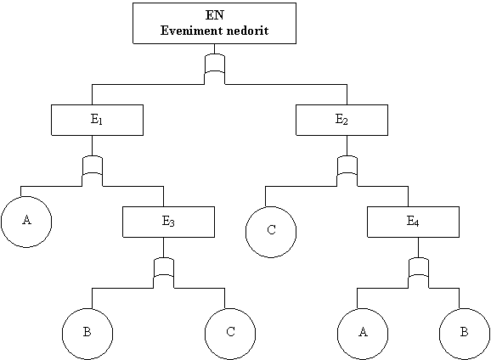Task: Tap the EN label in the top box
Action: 215,14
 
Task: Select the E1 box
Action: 98,121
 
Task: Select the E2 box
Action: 342,121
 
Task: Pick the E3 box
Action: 168,222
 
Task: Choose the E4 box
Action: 414,222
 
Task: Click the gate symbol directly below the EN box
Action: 215,69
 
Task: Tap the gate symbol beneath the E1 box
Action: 92,171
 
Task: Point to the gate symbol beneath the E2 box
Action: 347,171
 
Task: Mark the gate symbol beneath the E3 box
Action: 163,273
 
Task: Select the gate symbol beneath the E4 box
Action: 419,273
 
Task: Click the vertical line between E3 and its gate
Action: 163,247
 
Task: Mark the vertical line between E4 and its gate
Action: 419,247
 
